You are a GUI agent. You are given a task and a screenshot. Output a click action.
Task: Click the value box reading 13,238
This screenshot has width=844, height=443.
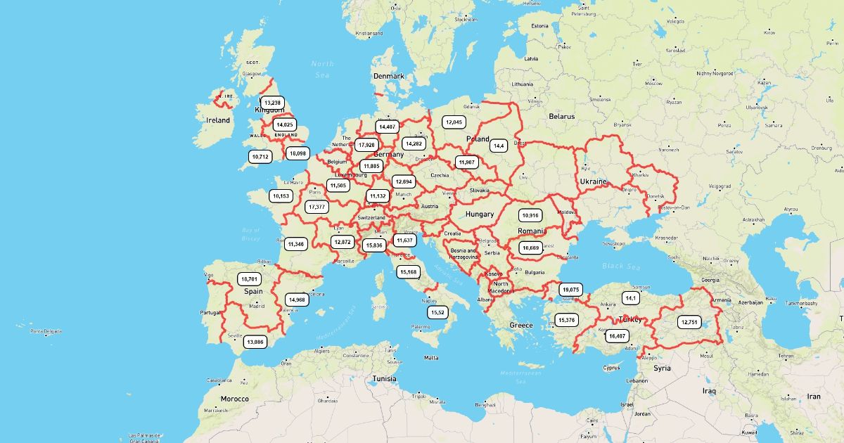[272, 103]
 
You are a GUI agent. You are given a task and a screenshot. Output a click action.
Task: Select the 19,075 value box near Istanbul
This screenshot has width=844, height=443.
[570, 290]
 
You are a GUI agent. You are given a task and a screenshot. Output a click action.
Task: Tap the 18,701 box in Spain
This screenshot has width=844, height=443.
[249, 279]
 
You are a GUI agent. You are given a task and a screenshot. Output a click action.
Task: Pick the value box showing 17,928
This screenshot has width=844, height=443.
[366, 145]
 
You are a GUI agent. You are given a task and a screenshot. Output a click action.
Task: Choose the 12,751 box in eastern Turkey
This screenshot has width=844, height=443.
[689, 322]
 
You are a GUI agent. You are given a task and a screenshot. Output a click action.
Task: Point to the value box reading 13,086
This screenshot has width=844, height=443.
[255, 342]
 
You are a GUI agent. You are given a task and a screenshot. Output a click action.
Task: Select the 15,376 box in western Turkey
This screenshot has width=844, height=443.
[566, 320]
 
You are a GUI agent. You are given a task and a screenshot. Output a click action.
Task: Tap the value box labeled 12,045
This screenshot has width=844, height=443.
[454, 122]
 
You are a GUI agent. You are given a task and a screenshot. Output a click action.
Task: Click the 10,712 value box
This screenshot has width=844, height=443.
[260, 157]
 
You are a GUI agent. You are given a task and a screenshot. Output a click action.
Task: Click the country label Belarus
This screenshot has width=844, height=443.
[562, 116]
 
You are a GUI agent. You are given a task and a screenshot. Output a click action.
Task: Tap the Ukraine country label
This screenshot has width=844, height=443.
[593, 181]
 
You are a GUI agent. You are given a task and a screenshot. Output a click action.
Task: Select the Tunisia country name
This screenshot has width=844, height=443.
[384, 378]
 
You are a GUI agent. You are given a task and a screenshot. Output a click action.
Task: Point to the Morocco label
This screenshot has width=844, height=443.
[235, 399]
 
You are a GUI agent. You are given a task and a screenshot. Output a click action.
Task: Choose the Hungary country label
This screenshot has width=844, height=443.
[480, 214]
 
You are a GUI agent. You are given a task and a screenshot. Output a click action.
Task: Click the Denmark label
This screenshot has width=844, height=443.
[389, 76]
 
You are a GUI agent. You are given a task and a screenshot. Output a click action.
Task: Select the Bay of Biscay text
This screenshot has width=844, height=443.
[251, 233]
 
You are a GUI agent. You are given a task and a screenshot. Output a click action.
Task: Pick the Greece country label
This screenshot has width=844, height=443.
[521, 325]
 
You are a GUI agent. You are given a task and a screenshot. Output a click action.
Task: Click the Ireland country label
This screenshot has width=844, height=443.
[218, 120]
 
